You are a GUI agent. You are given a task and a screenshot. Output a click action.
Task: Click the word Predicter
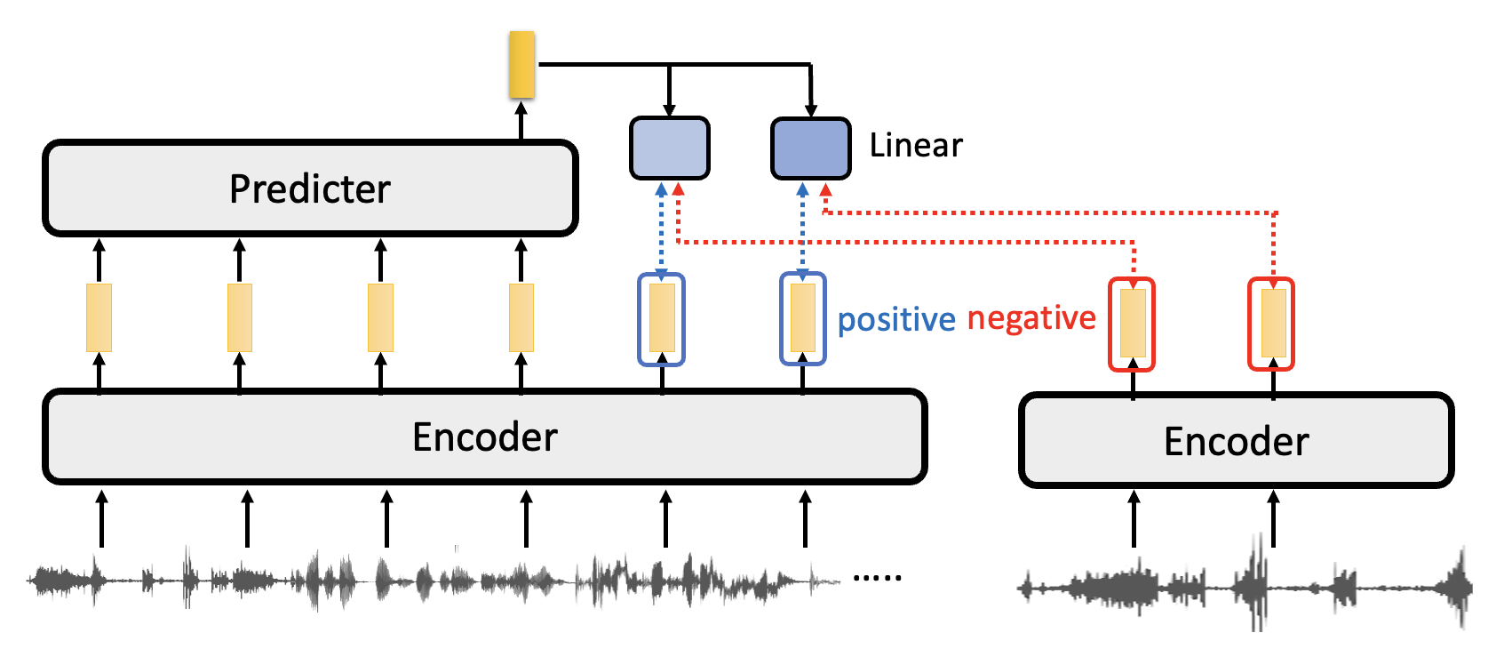[310, 188]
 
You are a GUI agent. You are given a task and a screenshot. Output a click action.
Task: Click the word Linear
[915, 145]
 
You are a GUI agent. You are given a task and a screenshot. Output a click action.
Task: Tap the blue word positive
[895, 319]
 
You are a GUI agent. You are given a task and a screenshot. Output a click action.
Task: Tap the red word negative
[1031, 317]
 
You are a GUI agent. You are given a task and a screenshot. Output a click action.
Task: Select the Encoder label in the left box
[485, 437]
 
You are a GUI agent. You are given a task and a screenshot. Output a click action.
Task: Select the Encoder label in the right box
[1236, 441]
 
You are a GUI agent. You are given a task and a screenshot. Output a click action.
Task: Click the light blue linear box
[669, 148]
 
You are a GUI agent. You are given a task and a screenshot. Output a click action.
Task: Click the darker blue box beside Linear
[810, 148]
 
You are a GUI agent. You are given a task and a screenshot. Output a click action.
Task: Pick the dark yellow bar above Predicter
[521, 64]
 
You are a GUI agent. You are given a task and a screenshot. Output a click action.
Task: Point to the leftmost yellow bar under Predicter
[99, 317]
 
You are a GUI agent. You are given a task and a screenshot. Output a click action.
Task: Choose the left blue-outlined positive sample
[662, 318]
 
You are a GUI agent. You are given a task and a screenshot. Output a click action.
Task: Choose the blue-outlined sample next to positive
[802, 318]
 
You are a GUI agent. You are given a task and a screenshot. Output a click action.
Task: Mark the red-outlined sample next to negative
[1132, 324]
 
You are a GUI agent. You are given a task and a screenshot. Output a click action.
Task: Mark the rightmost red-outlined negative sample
[1272, 324]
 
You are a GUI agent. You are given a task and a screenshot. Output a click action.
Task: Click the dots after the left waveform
[877, 578]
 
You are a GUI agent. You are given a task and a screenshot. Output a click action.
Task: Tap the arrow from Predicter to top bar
[521, 120]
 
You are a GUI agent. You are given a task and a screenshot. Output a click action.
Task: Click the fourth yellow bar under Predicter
[521, 317]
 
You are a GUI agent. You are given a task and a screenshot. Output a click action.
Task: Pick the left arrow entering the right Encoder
[1134, 519]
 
